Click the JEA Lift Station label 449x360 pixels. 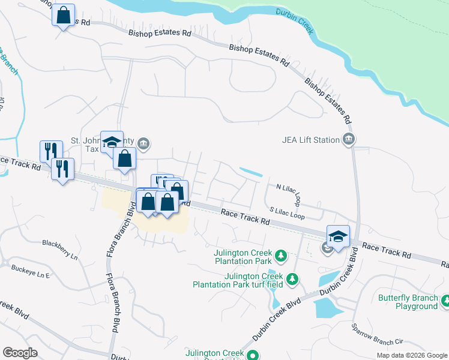click(310, 140)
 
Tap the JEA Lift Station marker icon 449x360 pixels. click(349, 140)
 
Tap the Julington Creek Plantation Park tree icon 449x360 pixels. click(280, 257)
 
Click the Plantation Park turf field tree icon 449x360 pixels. click(292, 279)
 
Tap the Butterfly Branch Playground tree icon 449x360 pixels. click(445, 301)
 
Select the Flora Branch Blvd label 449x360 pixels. click(112, 282)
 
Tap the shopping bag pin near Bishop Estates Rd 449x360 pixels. click(63, 15)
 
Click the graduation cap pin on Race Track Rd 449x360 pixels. click(338, 235)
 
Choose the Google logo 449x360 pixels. click(20, 352)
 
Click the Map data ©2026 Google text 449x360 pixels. click(411, 355)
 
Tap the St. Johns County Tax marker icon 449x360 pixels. click(143, 143)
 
